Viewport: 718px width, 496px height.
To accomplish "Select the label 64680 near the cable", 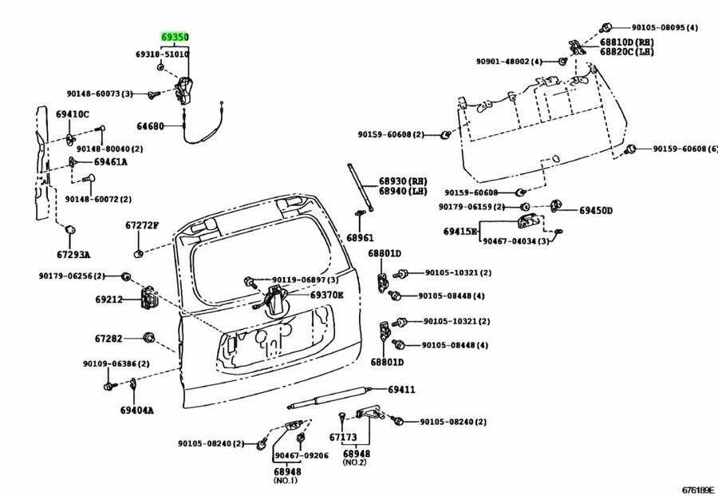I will (x=149, y=126).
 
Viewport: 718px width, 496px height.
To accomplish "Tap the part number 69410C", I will (x=73, y=114).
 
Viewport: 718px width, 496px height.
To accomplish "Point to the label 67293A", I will (x=73, y=255).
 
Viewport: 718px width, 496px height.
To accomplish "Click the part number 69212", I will (x=108, y=300).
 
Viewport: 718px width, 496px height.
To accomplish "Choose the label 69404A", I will (x=136, y=411).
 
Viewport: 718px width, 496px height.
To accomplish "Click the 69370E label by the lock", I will (x=326, y=295).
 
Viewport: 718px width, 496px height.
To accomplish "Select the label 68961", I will (x=360, y=238).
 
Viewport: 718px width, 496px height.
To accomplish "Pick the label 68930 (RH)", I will (x=403, y=181).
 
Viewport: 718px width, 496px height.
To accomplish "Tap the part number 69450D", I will (x=596, y=210).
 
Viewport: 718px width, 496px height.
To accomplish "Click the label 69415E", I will (x=460, y=232).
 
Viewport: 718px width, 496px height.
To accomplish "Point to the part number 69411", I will (x=402, y=390).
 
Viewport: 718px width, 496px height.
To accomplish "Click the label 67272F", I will (x=141, y=226).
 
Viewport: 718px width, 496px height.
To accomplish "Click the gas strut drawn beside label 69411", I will (x=327, y=399).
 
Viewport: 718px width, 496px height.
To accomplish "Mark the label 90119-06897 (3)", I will (x=305, y=280).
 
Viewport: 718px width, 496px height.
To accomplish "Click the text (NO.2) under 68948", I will (x=355, y=462).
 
